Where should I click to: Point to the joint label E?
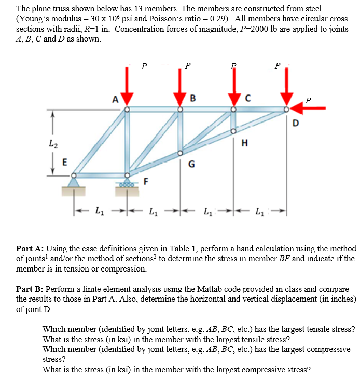tap(65, 161)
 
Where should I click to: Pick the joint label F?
tap(146, 181)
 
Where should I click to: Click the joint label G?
tap(191, 165)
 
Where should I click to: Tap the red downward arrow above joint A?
tap(128, 89)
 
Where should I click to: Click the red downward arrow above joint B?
tap(179, 89)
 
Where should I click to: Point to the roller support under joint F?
tap(128, 183)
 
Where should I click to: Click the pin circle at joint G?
tap(180, 153)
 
